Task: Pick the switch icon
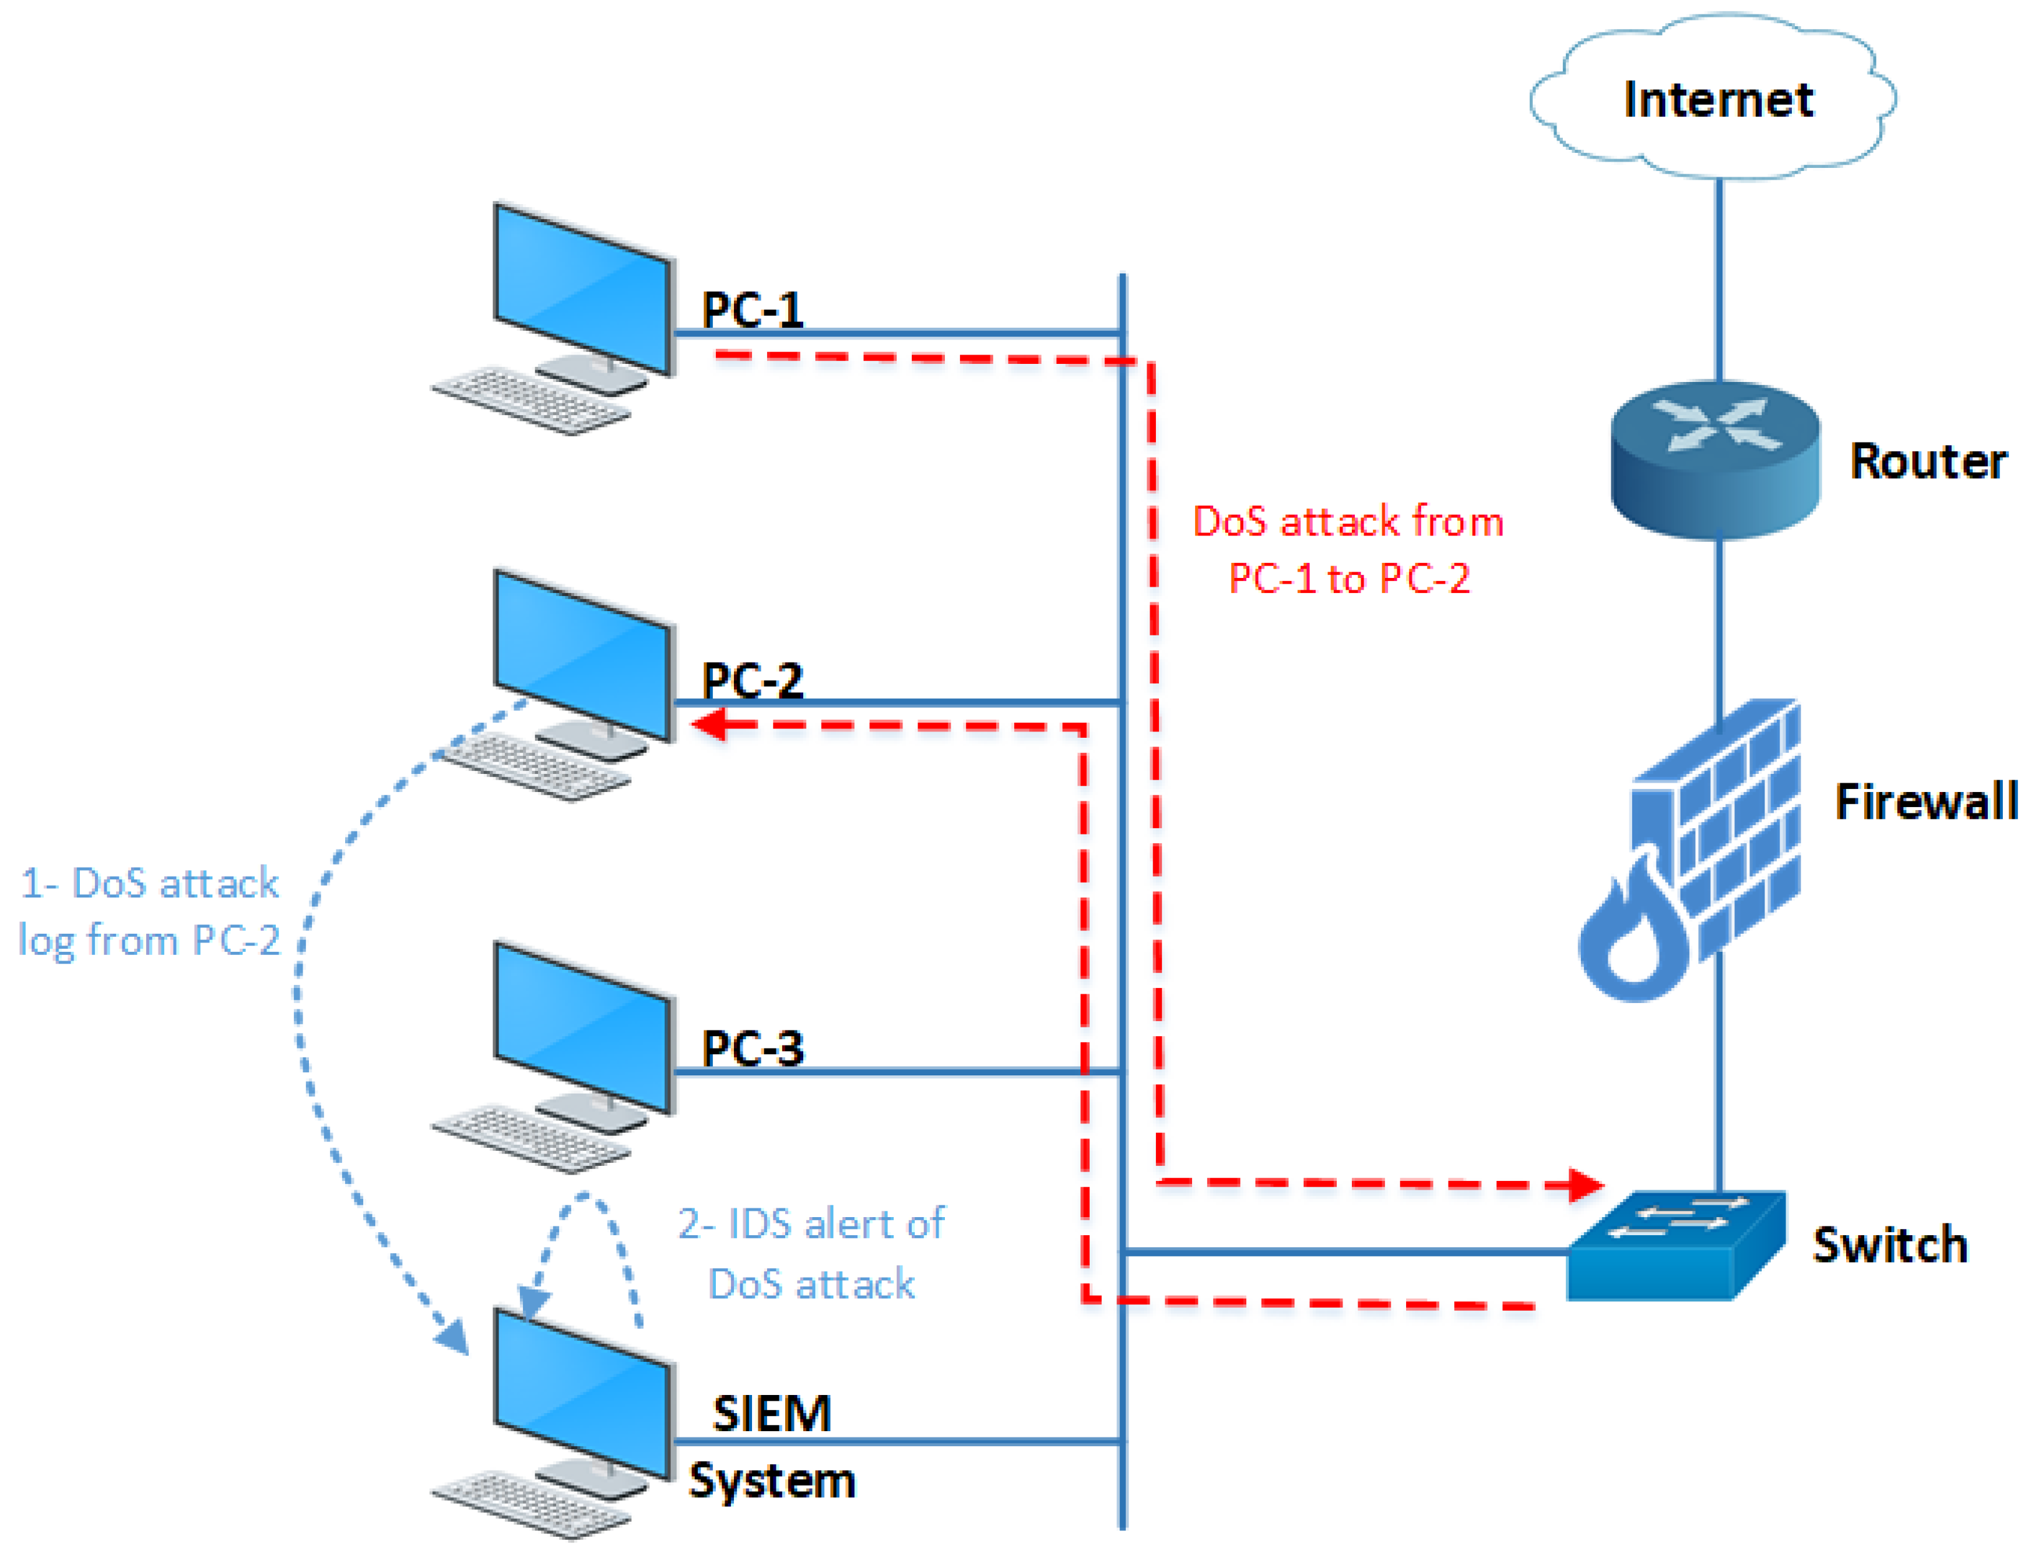(1676, 1245)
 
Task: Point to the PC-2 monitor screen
(582, 655)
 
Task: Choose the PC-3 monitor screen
(582, 1027)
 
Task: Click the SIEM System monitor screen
(582, 1394)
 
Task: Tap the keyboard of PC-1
(531, 401)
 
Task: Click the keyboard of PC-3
(531, 1138)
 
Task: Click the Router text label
(1929, 461)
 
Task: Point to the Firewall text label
(1926, 801)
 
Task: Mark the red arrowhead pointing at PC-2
(711, 724)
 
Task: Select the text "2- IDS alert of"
(811, 1224)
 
